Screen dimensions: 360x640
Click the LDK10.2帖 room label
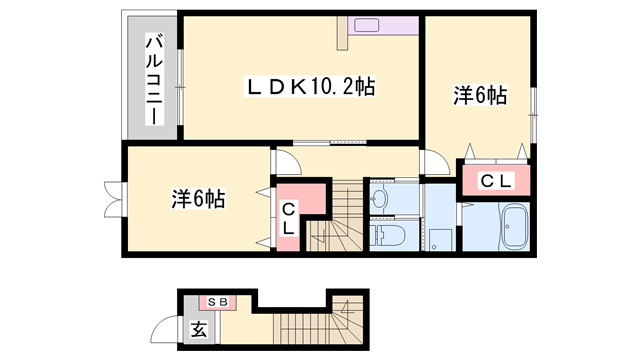click(x=310, y=87)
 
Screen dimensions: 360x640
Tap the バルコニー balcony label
click(x=155, y=81)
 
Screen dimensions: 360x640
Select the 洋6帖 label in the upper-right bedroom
click(x=479, y=96)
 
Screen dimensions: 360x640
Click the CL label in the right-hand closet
click(x=494, y=181)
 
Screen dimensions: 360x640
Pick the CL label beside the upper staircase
click(x=287, y=218)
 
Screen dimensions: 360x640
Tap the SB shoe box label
click(x=217, y=300)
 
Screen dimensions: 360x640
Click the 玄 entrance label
click(x=198, y=328)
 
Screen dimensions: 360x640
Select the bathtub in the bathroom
click(x=513, y=228)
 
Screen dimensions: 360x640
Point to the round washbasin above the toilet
click(x=379, y=198)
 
